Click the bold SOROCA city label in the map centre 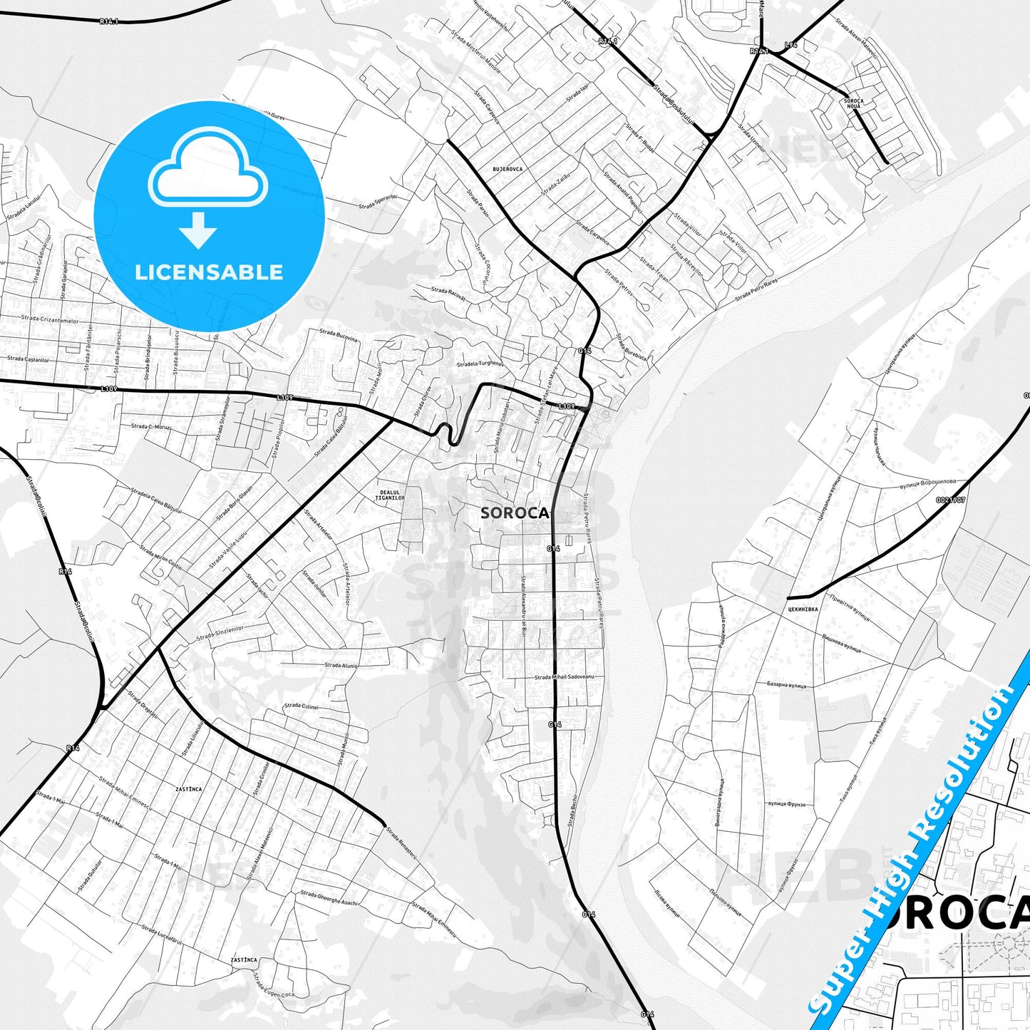click(x=515, y=513)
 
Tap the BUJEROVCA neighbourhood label click(x=508, y=170)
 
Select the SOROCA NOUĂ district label click(x=853, y=103)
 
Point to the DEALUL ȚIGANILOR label click(x=390, y=495)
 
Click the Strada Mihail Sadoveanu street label click(x=569, y=676)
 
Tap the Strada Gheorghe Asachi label click(x=329, y=897)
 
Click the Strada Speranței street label click(x=378, y=202)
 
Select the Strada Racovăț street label click(x=448, y=293)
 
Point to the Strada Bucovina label click(x=339, y=335)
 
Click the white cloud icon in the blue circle click(x=208, y=168)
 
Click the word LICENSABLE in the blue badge click(x=209, y=272)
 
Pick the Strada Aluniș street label click(x=341, y=665)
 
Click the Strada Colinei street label click(x=301, y=706)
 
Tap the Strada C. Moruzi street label click(x=151, y=427)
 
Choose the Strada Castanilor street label click(x=29, y=359)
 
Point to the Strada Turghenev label click(x=480, y=364)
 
